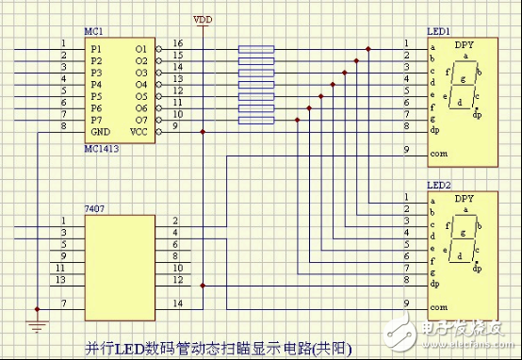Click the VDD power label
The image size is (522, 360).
202,19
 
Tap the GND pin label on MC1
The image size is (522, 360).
100,132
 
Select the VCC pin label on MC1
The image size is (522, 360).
139,132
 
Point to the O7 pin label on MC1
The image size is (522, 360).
140,120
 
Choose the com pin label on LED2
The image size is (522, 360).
437,307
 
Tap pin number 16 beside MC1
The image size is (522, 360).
178,43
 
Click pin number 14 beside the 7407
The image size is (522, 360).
177,303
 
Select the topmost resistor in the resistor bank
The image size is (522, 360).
256,48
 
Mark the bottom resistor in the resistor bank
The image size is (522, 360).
256,121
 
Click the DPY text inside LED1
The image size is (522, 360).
464,44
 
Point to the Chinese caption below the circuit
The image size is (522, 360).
218,346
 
